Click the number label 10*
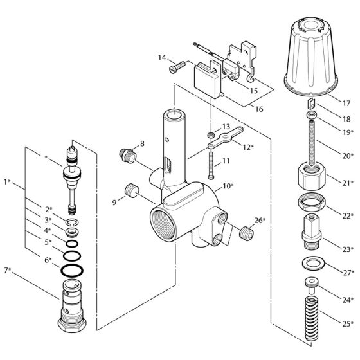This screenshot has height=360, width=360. [228, 185]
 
